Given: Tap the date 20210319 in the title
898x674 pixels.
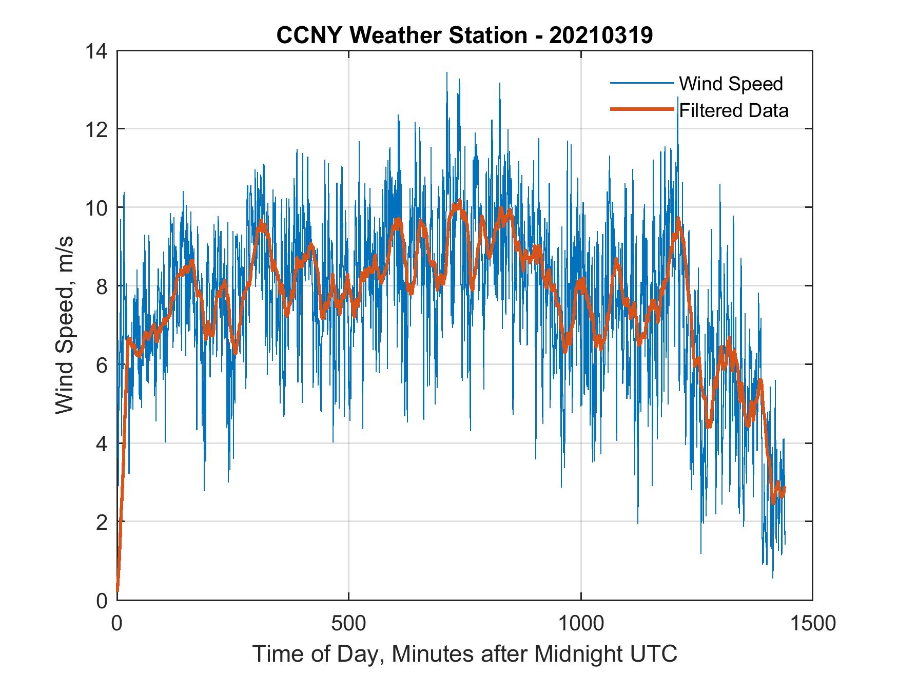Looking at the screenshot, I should point(601,35).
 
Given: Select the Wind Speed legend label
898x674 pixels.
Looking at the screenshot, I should point(731,84).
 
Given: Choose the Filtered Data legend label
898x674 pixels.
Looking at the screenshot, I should point(734,110).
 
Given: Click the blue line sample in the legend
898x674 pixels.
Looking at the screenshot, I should point(641,83).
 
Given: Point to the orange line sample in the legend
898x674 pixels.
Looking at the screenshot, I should point(641,109).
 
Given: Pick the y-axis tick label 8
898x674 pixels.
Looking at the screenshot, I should point(101,286).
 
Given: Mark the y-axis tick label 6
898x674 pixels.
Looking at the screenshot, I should point(101,365).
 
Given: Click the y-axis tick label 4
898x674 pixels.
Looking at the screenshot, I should point(101,444).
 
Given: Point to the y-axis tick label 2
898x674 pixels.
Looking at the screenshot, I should point(101,522).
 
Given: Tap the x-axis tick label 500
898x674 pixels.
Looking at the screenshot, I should point(348,623).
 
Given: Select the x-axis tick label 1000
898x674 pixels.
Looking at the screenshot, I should point(580,623).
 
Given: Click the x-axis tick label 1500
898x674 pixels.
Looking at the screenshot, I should point(812,623).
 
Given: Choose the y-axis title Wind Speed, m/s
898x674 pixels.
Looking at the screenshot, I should point(65,325).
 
